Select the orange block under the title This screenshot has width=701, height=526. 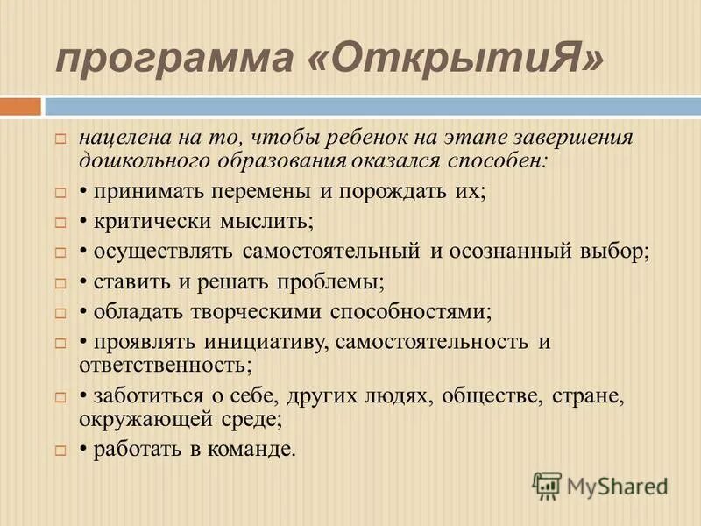(20, 107)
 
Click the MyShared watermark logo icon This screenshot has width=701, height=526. (547, 485)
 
